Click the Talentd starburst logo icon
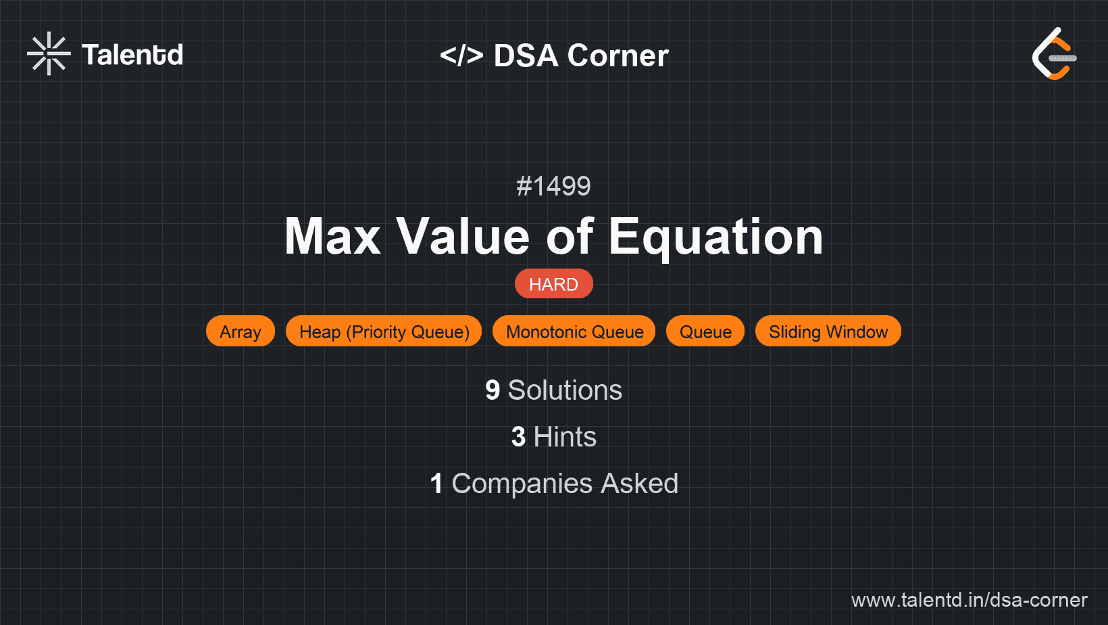coord(49,53)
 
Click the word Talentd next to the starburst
coord(132,55)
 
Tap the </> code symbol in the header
coord(461,55)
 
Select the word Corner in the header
coord(618,55)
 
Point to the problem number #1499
coord(553,186)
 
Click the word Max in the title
coord(333,237)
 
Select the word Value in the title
coord(463,237)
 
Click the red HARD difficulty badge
coord(553,284)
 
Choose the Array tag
coord(241,331)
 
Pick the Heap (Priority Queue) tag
coord(384,331)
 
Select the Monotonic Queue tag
coord(574,331)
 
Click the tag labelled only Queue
coord(705,331)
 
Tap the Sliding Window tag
coord(828,331)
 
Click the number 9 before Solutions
coord(493,390)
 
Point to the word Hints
coord(565,437)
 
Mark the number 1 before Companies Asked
coord(436,484)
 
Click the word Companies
coord(522,484)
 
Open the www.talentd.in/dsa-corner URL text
coord(969,600)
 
